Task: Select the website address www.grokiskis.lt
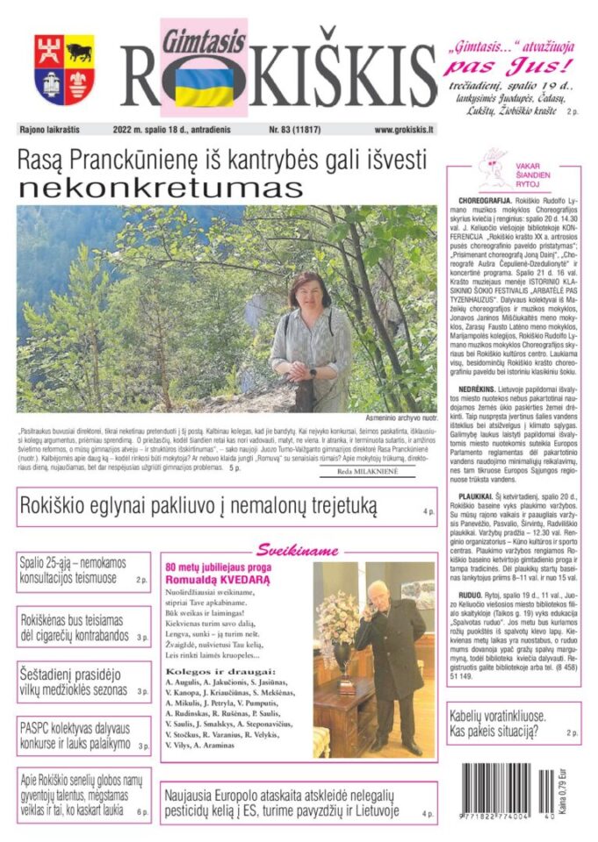point(403,129)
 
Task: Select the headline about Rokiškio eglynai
point(197,506)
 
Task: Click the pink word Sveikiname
point(297,551)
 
